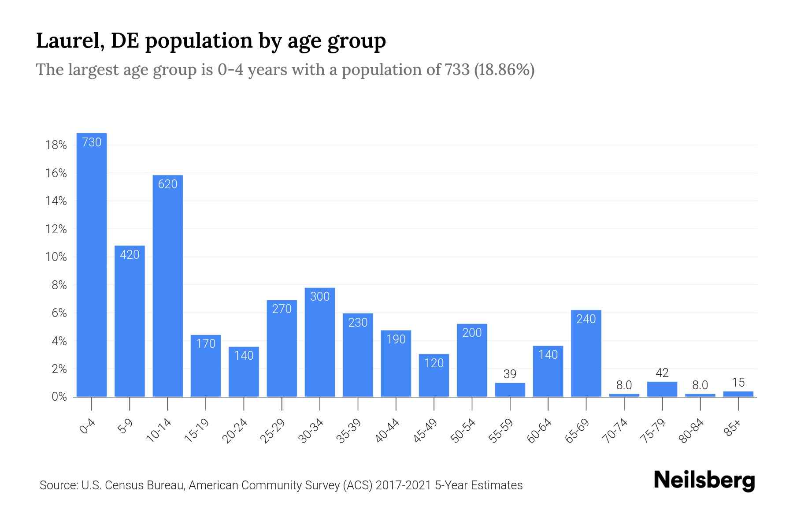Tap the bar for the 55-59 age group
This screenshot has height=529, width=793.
510,390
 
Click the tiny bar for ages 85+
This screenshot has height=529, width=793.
738,394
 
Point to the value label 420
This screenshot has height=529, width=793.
130,255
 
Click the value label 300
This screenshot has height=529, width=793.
320,297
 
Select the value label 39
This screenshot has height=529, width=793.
510,374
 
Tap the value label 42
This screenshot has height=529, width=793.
662,373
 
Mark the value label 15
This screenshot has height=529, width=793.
738,382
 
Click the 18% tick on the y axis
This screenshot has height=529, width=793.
56,145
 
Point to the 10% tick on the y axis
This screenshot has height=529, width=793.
56,257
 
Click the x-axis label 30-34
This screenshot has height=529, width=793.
311,431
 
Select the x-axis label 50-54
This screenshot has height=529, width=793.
463,431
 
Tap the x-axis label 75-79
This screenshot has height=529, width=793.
653,431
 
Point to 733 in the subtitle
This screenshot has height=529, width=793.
456,70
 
